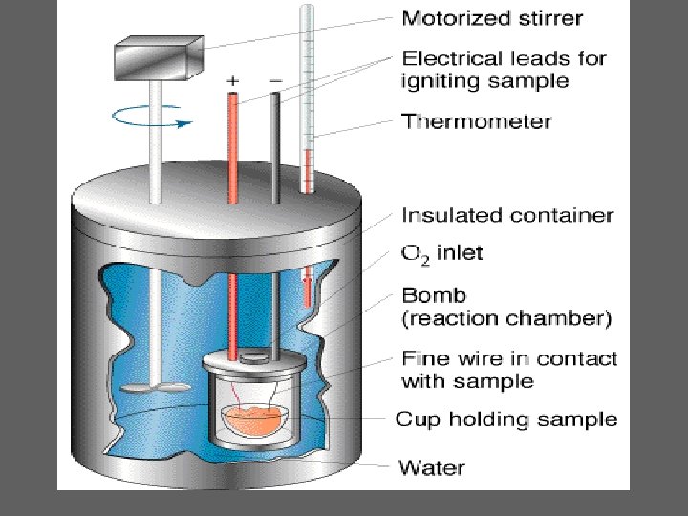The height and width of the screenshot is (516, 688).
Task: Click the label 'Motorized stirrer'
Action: [x=492, y=17]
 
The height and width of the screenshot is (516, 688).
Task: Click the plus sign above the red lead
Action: [x=232, y=82]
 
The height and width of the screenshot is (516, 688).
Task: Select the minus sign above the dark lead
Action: [x=275, y=82]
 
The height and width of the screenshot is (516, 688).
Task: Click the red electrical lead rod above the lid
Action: [x=233, y=143]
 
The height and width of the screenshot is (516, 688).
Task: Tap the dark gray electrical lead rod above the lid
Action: [x=275, y=143]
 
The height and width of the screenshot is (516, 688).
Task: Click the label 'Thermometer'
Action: [x=476, y=121]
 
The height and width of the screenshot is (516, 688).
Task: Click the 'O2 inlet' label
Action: [x=441, y=253]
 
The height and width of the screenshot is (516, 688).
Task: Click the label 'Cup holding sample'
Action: [x=506, y=419]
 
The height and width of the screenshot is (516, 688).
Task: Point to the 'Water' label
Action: [x=431, y=467]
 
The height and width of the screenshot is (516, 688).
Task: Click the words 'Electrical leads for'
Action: [x=504, y=57]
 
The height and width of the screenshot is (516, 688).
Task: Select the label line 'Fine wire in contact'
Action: [x=509, y=359]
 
